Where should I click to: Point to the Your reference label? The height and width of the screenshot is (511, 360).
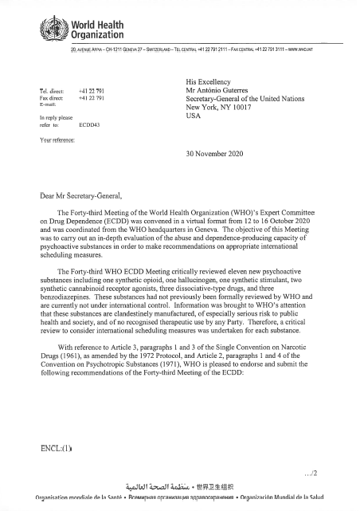(57, 140)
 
